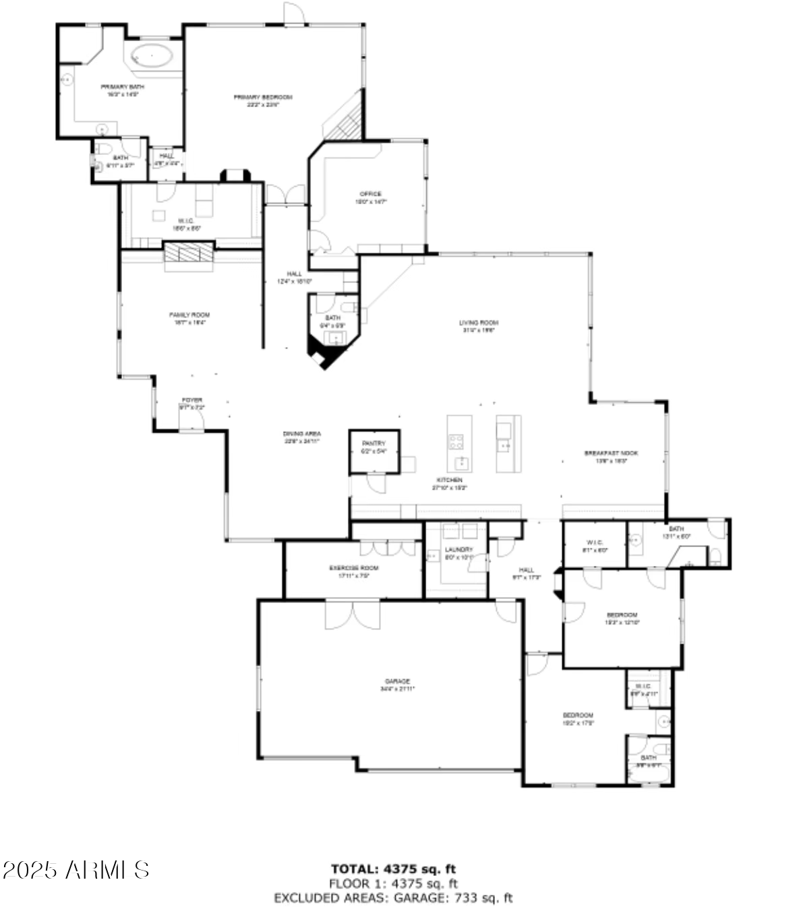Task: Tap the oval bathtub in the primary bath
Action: [152, 55]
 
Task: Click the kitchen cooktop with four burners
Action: [456, 442]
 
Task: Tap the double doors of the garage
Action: [353, 613]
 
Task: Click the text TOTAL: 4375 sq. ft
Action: [393, 869]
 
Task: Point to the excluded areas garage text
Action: [393, 898]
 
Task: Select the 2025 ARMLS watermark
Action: [76, 870]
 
